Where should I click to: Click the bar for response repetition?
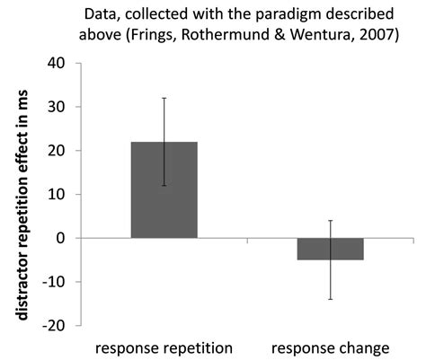[x=164, y=189]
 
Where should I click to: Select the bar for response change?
[x=332, y=249]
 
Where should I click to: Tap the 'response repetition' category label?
[x=164, y=347]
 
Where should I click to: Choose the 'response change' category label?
[x=332, y=347]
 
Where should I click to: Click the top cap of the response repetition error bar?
[x=164, y=98]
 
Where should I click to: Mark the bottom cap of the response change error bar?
[x=332, y=299]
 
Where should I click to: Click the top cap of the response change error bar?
[x=332, y=221]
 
